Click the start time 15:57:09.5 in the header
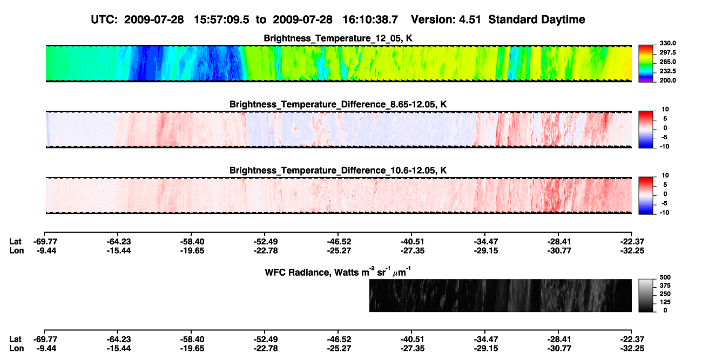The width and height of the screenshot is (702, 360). (x=221, y=20)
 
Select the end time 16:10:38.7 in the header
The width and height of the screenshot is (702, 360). (x=370, y=20)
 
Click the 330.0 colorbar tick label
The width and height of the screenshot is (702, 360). (x=667, y=43)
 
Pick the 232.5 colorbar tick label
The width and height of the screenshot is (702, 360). (x=667, y=71)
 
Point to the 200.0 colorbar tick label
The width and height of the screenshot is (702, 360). (x=667, y=80)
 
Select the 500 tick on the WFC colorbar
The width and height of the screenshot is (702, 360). (x=665, y=277)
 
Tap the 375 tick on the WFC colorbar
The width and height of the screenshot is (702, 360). (x=665, y=286)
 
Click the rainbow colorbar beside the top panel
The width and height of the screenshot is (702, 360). (x=646, y=64)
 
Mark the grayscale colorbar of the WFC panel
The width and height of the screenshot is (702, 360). (x=646, y=295)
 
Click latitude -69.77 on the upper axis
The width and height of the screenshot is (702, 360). (x=45, y=242)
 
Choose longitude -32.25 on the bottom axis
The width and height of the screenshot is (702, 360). (x=632, y=349)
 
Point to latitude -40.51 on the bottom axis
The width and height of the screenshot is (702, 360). (x=412, y=339)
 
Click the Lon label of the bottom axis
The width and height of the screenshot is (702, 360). (x=16, y=349)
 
